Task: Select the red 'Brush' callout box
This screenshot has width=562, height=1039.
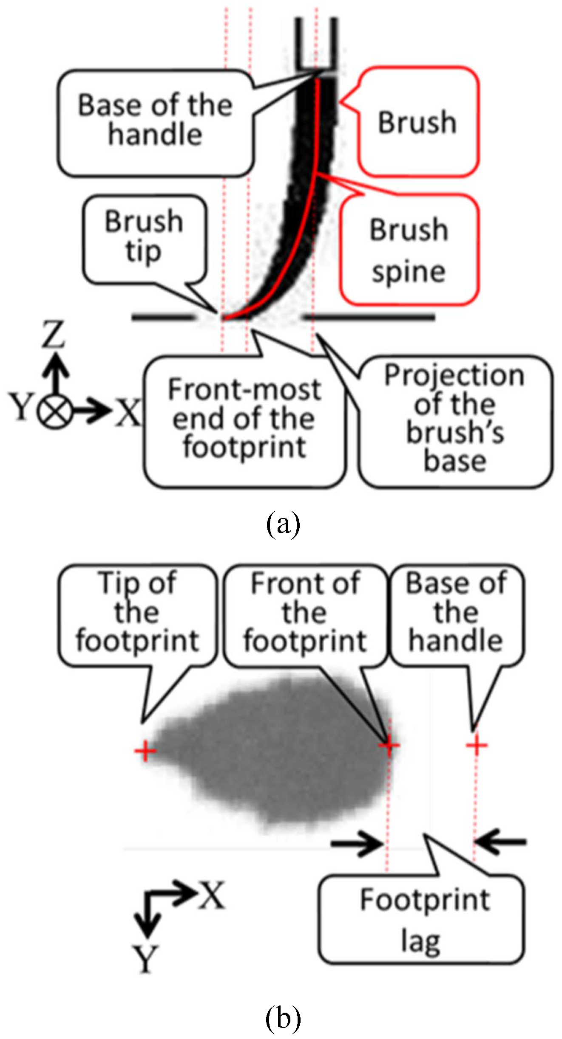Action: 418,122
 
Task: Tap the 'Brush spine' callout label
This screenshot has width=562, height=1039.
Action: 409,251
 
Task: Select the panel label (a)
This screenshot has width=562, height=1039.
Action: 283,524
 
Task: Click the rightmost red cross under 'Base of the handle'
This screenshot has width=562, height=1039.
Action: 477,745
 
